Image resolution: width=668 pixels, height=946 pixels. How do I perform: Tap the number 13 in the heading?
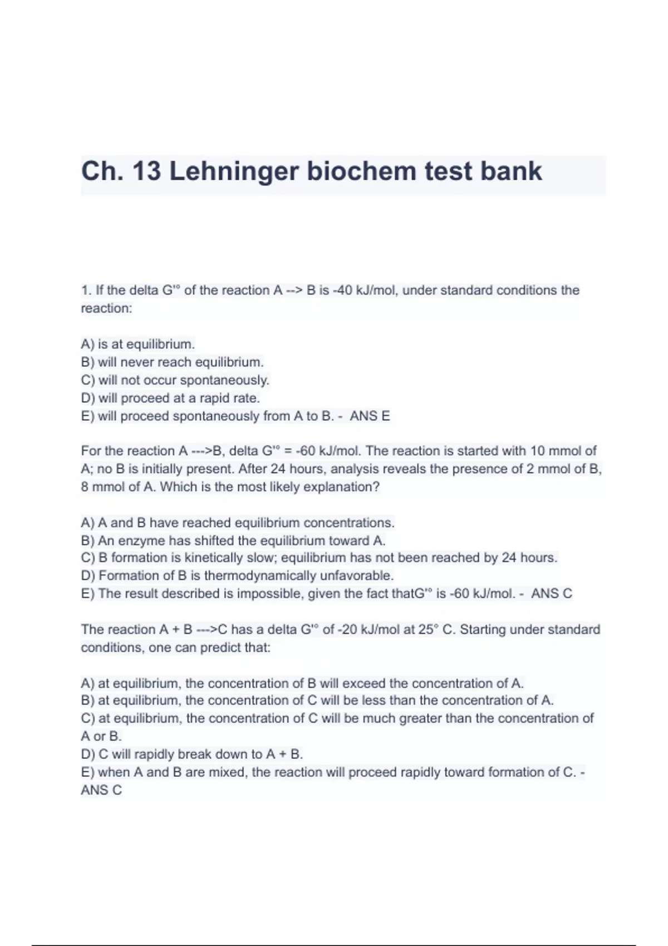coord(146,171)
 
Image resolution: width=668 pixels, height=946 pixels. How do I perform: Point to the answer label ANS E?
coord(370,416)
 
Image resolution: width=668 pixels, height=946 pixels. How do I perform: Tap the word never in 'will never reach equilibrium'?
coord(137,362)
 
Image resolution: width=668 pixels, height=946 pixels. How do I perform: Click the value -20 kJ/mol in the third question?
coord(365,629)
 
